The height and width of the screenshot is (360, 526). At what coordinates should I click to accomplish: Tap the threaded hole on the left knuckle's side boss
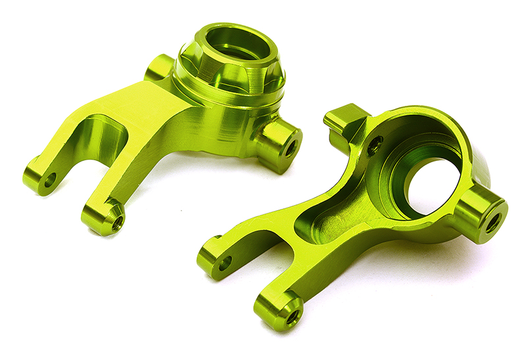tap(289, 148)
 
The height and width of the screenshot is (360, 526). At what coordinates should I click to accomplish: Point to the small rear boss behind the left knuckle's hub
tap(158, 67)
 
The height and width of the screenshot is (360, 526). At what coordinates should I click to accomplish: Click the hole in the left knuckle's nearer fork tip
tap(117, 223)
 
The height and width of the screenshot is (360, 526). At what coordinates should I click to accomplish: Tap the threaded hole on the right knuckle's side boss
tap(492, 222)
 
